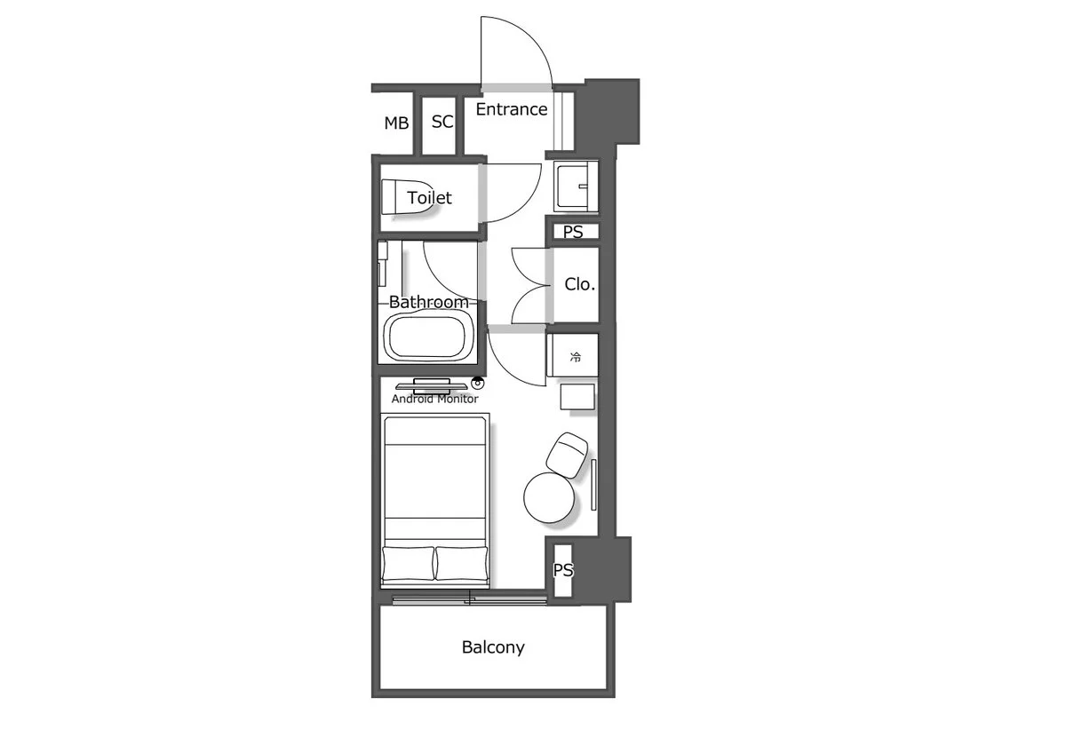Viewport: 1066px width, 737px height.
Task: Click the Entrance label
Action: (512, 109)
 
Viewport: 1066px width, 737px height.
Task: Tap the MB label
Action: (396, 123)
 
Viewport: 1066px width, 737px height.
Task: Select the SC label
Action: (442, 122)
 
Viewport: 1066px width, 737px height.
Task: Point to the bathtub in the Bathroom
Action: (428, 337)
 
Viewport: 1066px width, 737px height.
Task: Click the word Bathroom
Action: (429, 302)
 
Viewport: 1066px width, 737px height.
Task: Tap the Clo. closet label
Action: (579, 284)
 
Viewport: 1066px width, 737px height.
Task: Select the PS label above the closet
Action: (573, 232)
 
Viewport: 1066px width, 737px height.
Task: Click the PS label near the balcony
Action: (563, 570)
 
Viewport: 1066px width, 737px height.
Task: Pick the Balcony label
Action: (493, 647)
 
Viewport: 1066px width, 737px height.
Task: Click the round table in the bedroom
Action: (549, 497)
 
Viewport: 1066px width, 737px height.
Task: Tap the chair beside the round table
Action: (567, 455)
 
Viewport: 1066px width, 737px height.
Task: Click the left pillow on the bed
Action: (409, 563)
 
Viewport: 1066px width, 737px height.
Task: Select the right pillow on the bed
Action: (462, 563)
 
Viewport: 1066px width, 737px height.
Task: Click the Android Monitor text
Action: (434, 400)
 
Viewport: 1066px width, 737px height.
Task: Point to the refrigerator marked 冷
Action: (572, 355)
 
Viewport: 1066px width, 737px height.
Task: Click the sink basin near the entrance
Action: (576, 186)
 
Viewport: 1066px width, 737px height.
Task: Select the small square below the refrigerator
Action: (577, 397)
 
